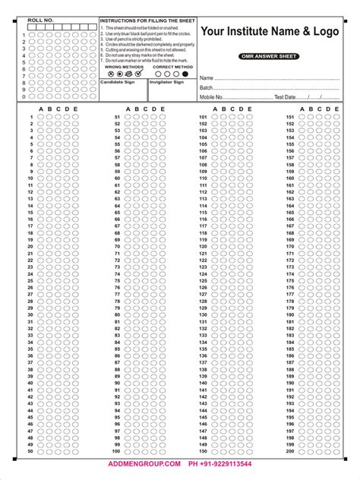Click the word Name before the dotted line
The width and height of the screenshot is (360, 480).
(206, 78)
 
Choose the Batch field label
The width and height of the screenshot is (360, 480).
(207, 88)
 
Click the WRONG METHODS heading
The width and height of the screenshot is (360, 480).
(123, 67)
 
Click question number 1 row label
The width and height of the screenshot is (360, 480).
(31, 117)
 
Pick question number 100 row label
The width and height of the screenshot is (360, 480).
(117, 451)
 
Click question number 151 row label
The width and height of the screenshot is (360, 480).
(289, 117)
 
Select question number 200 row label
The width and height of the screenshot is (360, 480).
(289, 451)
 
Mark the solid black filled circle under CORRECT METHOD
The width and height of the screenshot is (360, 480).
(177, 74)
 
